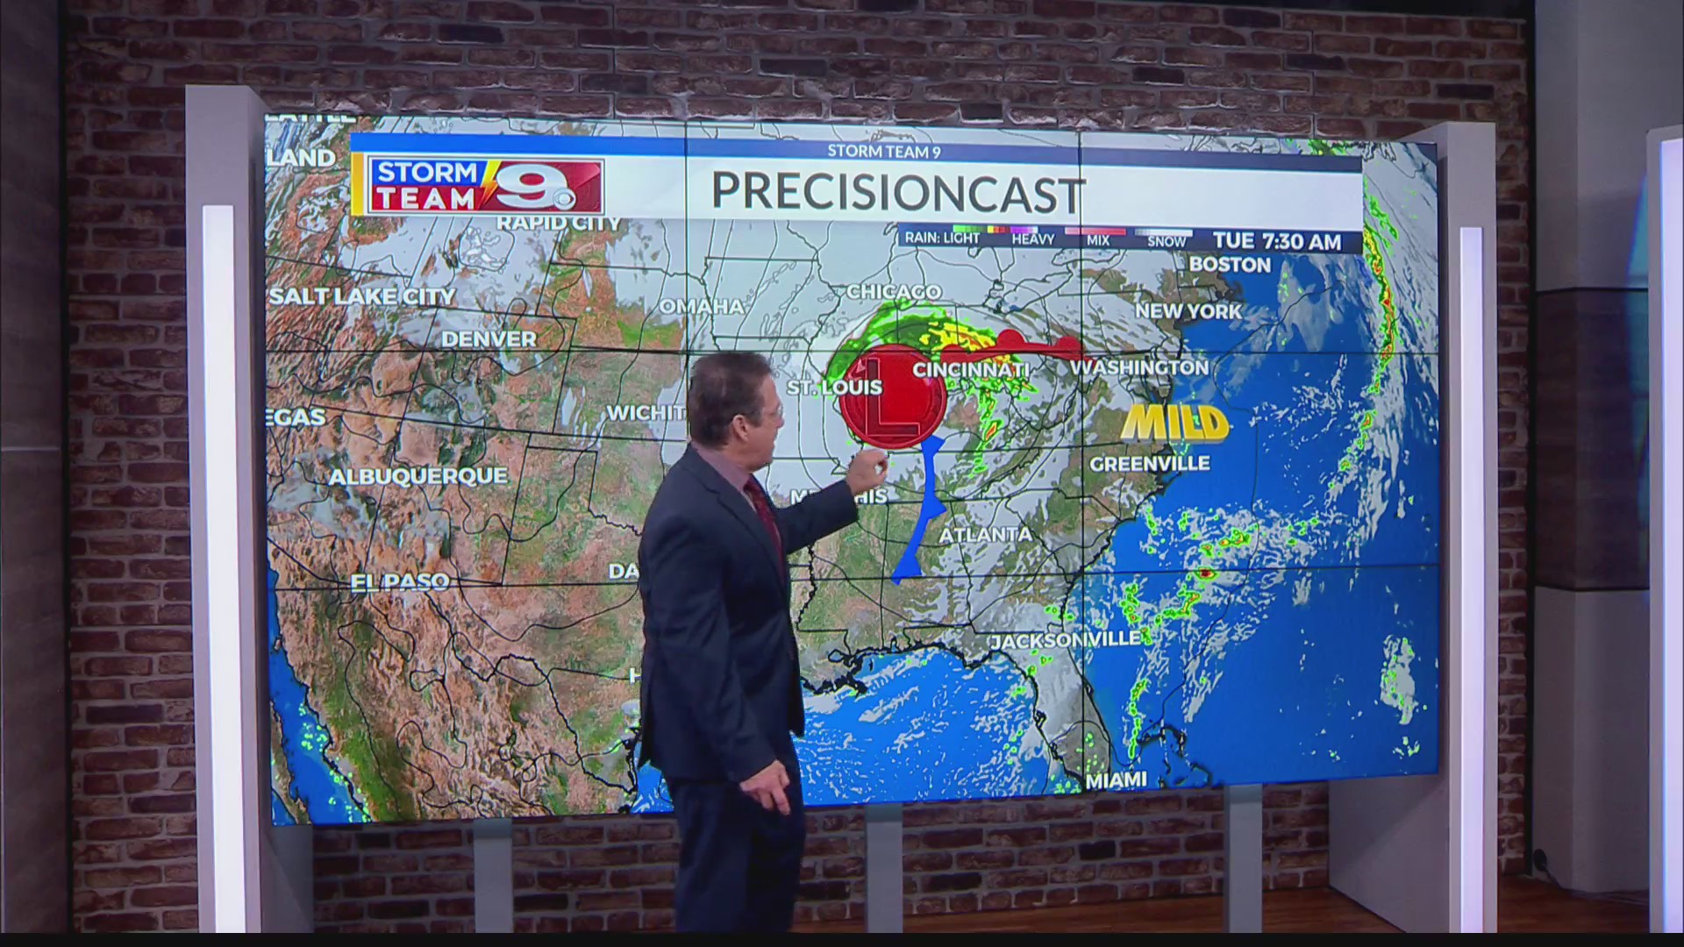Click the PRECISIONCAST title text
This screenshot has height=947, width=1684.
897,192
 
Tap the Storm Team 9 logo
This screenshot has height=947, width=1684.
478,186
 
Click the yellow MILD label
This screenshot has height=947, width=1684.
1174,424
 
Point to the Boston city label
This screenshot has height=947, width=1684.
1230,265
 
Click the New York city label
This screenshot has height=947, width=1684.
1188,311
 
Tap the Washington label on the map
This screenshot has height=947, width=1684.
1139,367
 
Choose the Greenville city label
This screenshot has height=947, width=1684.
1149,463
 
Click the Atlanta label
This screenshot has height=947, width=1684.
986,534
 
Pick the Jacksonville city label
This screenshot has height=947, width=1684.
1066,640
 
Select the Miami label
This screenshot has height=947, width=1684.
1117,780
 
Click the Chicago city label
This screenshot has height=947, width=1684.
893,292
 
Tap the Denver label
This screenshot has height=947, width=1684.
489,339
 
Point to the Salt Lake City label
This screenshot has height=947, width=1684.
362,296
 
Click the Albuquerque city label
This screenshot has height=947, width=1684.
417,476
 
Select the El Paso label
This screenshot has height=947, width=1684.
400,581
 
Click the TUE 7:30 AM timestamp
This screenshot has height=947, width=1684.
1277,241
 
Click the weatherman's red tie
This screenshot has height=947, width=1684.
765,517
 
